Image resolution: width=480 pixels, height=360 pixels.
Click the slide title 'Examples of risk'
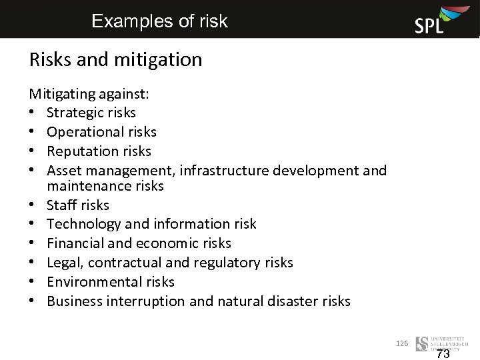tap(159, 21)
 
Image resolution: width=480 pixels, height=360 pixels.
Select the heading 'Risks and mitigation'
tap(115, 60)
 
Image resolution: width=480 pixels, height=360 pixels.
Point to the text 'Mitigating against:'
tap(89, 94)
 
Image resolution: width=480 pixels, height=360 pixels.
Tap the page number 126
tap(401, 343)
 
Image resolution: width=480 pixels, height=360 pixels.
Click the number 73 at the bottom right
tap(443, 354)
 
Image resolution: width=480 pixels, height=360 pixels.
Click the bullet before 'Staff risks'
tap(33, 205)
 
